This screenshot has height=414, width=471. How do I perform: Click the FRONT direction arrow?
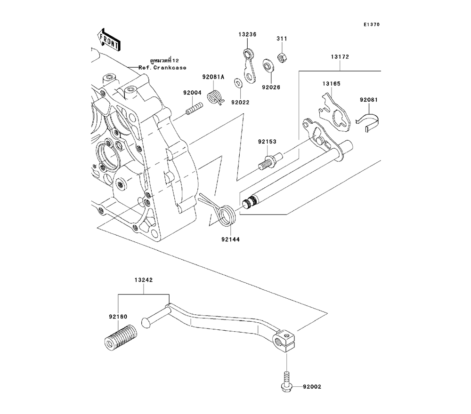[108, 40]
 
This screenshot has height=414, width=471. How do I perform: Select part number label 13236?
[247, 34]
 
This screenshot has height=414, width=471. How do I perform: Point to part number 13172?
[339, 56]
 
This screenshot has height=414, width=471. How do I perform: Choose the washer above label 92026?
[267, 65]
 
